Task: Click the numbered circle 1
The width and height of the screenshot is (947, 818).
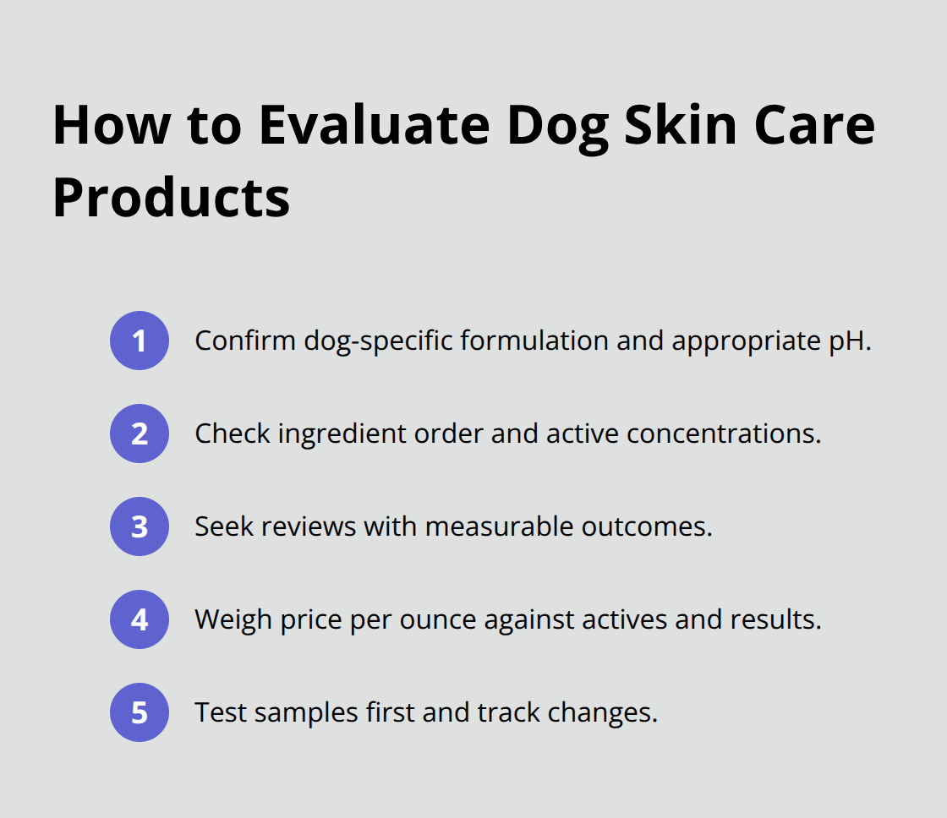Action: click(x=140, y=341)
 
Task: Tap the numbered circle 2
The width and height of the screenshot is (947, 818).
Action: click(x=140, y=434)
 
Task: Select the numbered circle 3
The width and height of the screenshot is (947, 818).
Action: click(x=140, y=526)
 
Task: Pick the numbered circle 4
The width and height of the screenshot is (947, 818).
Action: click(x=140, y=619)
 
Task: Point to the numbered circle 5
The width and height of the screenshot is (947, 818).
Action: click(x=140, y=712)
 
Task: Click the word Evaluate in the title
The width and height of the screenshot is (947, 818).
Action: click(x=374, y=125)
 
